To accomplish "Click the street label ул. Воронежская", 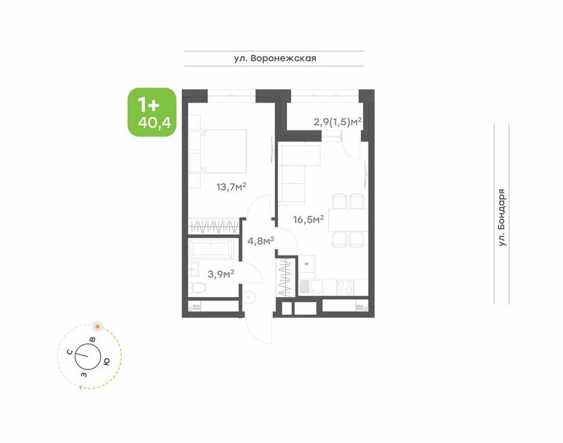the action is [x=275, y=58].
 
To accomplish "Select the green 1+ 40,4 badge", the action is [x=152, y=112].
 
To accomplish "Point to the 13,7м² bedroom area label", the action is [x=231, y=187].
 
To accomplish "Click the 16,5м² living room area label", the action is [x=308, y=219].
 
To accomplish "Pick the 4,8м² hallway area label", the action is [x=261, y=240].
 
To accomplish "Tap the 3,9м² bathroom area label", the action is [x=221, y=275].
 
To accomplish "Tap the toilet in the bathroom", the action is [x=197, y=288].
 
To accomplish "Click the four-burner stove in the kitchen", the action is [x=345, y=286].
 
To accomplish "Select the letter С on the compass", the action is [x=71, y=352].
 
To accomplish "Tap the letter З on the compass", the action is [x=84, y=375].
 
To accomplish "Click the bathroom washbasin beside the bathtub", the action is [x=194, y=269].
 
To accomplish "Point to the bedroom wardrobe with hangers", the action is [x=214, y=227].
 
